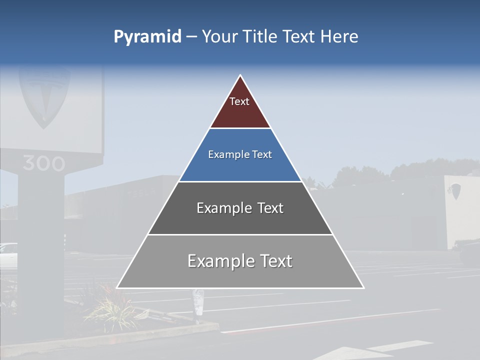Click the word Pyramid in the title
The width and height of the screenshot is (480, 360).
click(147, 37)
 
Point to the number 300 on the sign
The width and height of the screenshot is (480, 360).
click(43, 163)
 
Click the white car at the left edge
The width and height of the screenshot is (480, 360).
click(7, 255)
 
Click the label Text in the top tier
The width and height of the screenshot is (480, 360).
click(239, 101)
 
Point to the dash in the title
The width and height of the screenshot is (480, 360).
click(191, 37)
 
